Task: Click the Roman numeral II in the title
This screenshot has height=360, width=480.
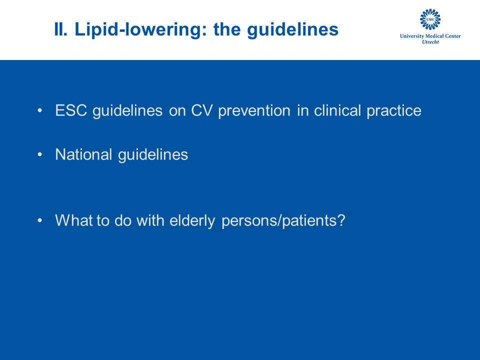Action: pos(60,29)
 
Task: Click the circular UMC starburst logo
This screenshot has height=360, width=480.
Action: pos(430,19)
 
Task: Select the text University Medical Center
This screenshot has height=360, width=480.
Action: pos(430,36)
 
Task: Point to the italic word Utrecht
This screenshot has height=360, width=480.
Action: pos(430,42)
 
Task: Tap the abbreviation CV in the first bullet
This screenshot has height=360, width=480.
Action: pos(201,110)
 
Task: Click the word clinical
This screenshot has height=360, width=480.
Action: pos(337,110)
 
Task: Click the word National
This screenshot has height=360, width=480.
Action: pos(83,154)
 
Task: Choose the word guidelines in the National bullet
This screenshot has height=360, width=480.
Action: pos(153,155)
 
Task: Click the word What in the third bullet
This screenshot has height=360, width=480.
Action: pos(74,220)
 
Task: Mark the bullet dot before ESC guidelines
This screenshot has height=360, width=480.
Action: pos(40,110)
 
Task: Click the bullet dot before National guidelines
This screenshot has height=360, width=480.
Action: pos(40,154)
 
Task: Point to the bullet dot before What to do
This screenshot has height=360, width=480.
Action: pos(40,220)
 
